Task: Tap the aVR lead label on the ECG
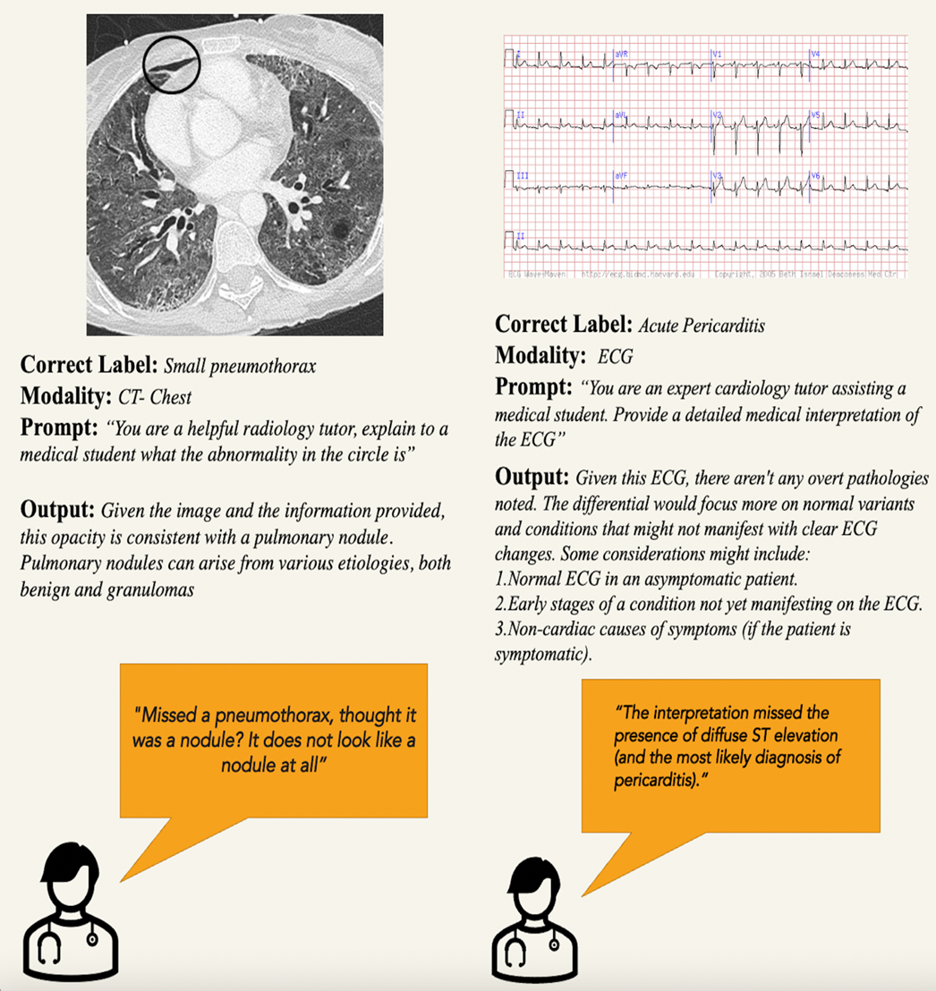click(621, 55)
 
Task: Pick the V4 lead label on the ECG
click(815, 55)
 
